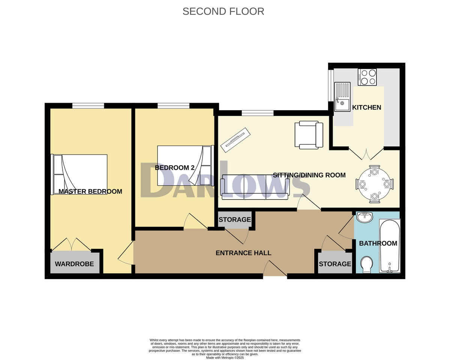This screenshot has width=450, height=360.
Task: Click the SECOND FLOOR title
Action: (x=223, y=11)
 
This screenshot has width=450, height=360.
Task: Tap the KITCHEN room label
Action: (x=366, y=107)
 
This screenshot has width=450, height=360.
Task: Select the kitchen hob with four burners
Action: (x=367, y=77)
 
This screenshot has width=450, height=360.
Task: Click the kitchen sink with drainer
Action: (x=342, y=97)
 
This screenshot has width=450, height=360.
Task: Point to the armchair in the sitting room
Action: (x=309, y=134)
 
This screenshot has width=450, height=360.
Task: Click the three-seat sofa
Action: (x=255, y=186)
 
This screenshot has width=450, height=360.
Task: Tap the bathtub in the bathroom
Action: (x=390, y=246)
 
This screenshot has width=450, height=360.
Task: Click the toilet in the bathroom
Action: (x=367, y=265)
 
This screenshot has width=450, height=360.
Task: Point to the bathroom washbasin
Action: (x=364, y=217)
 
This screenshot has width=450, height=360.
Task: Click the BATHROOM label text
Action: (x=378, y=243)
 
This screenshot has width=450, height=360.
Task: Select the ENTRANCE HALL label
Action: (x=243, y=253)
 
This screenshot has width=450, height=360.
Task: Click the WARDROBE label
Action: (x=74, y=264)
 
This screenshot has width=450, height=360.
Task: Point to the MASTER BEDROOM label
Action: (x=90, y=192)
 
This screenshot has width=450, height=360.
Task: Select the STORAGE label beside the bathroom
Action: (x=335, y=264)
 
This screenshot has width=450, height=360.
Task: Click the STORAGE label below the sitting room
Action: (x=234, y=220)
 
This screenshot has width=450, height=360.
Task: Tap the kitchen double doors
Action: (x=366, y=153)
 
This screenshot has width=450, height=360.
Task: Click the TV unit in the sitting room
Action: (x=235, y=140)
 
